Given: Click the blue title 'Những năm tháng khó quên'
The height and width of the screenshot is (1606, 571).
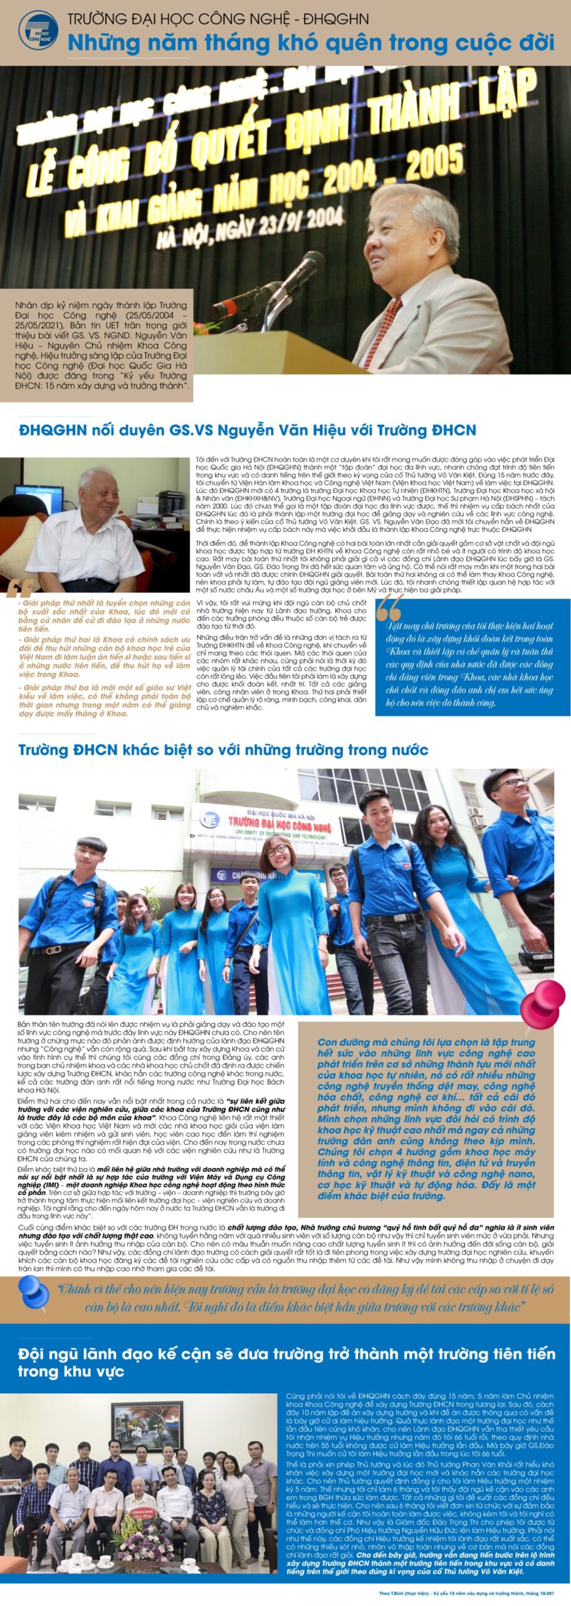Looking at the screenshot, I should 310,43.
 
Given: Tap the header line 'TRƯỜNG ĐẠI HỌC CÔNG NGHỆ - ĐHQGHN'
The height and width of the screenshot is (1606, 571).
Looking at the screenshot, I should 218,19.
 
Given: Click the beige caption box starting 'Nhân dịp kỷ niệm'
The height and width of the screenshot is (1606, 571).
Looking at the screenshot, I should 101,346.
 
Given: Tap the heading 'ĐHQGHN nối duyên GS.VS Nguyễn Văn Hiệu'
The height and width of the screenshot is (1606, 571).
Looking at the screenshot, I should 247,430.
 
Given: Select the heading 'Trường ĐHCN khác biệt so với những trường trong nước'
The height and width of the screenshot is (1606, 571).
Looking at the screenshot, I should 223,750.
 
